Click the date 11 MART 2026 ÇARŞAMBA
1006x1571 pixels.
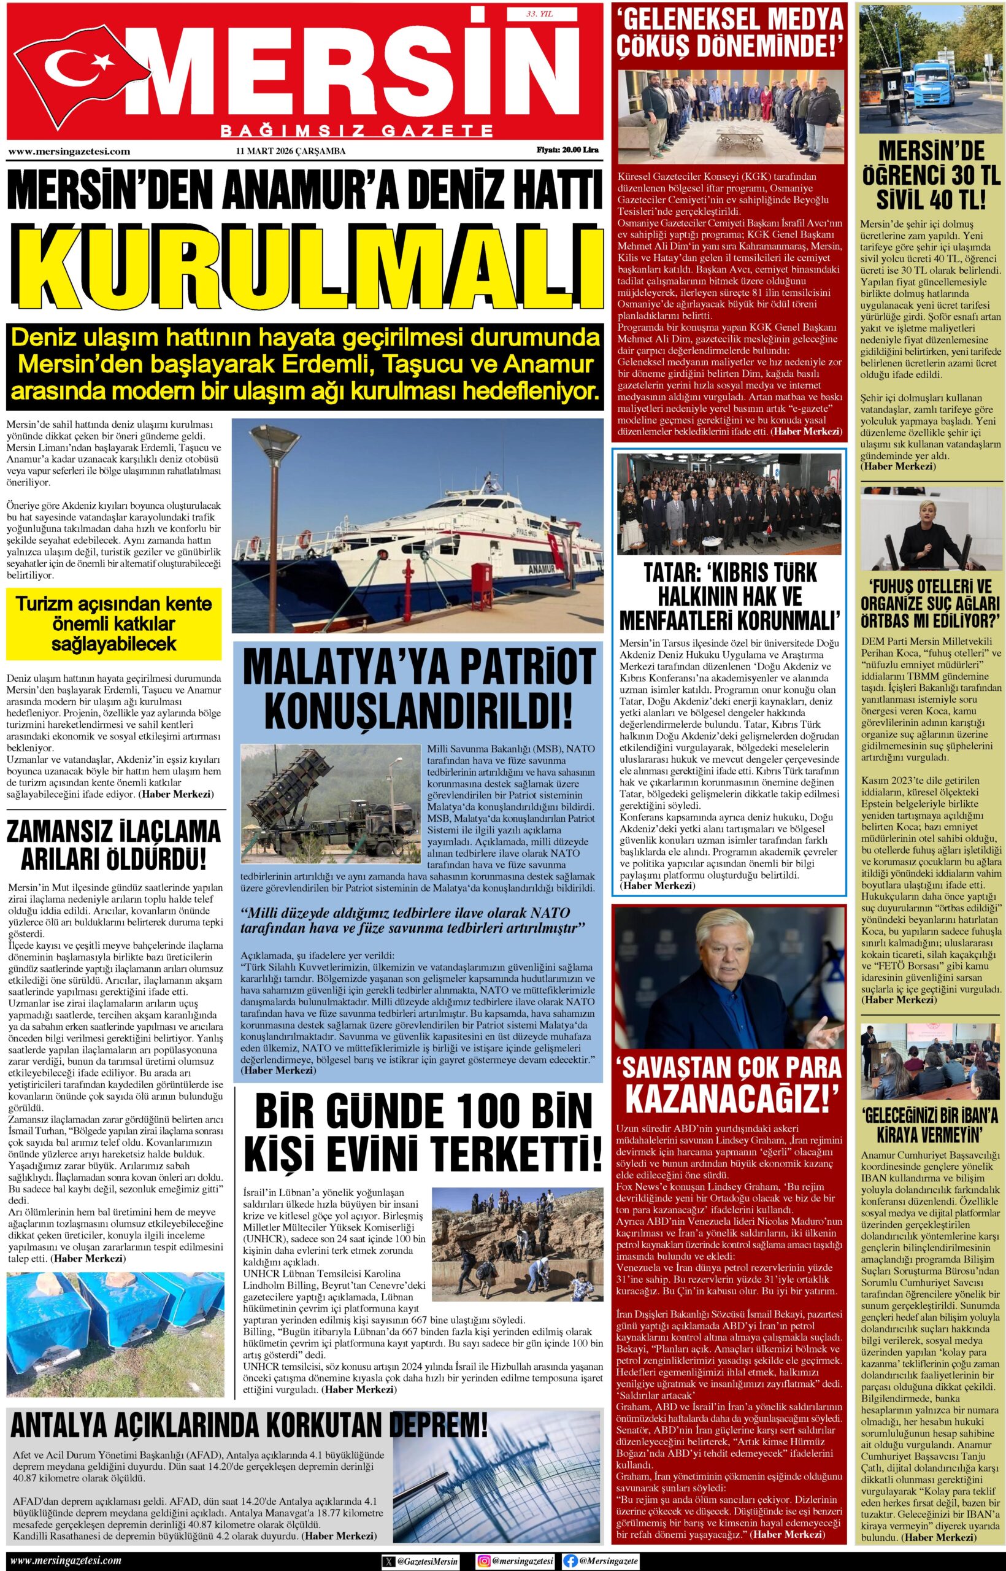tap(291, 152)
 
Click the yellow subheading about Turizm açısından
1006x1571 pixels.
tap(113, 623)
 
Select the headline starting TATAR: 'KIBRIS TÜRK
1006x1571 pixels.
tap(728, 595)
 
